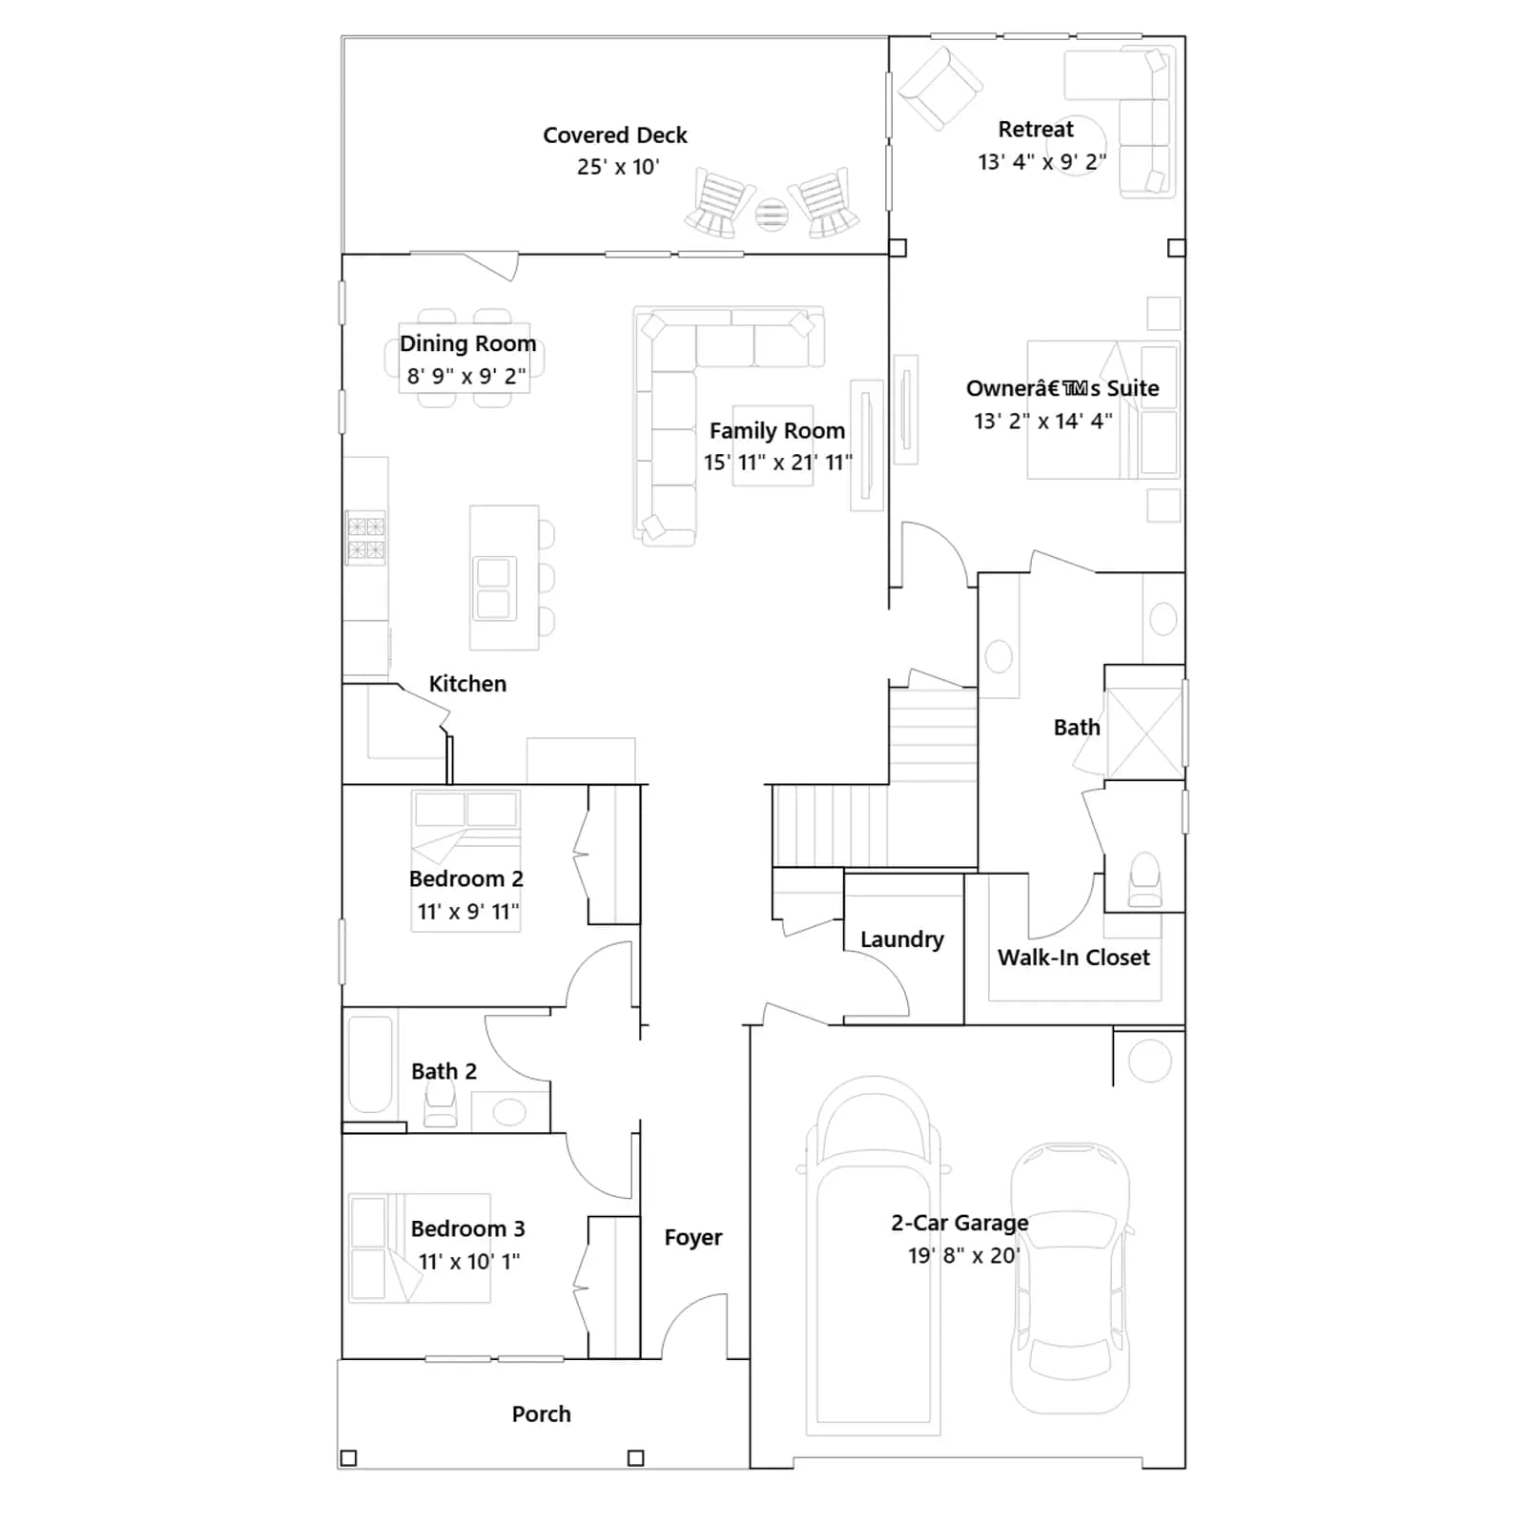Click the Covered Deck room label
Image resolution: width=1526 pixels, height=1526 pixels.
(x=615, y=135)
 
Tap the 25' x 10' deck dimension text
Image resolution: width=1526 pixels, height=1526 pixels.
(x=618, y=167)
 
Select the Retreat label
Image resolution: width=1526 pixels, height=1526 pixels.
(x=1036, y=129)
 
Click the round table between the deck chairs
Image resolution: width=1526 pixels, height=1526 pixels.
(x=772, y=214)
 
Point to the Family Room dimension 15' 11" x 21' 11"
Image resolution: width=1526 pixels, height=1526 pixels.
(x=777, y=463)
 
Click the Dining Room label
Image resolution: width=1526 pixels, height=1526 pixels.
(x=467, y=343)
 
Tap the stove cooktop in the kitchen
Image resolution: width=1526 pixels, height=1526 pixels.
(x=365, y=538)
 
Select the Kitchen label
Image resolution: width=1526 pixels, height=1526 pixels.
(x=467, y=684)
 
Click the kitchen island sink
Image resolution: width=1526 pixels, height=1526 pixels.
(x=494, y=588)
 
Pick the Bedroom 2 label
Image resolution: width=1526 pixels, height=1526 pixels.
(x=466, y=878)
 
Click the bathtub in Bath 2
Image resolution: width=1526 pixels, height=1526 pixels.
(x=370, y=1065)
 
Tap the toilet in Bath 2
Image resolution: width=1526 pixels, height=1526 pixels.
(x=440, y=1107)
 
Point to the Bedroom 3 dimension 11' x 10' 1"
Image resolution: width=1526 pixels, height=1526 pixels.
(x=469, y=1261)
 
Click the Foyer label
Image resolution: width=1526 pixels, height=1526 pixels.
(x=693, y=1237)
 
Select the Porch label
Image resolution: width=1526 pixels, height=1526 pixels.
(x=541, y=1414)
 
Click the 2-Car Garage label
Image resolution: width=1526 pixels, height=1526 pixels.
(x=959, y=1223)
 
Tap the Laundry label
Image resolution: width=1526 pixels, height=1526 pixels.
(x=901, y=939)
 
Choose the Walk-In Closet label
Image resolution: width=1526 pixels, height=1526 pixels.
(x=1074, y=958)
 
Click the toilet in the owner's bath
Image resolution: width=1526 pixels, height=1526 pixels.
(x=1145, y=879)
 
